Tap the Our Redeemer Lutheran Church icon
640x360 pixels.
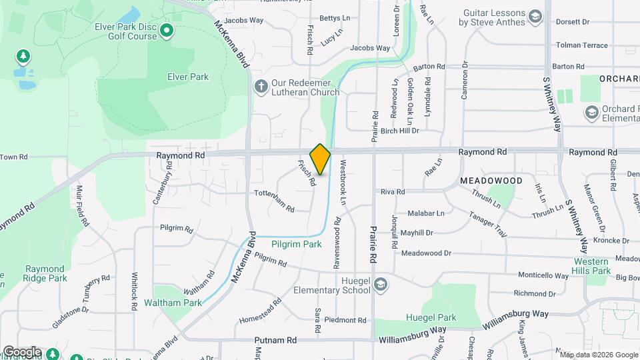[x=261, y=86]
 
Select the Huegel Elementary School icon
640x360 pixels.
[x=381, y=285]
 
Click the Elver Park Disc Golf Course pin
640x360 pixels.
[x=166, y=30]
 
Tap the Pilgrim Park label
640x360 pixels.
[x=297, y=245]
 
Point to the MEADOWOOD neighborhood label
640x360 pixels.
[x=491, y=181]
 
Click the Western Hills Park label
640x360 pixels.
[x=592, y=266]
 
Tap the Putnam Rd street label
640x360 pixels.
[x=275, y=340]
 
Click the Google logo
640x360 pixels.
[x=22, y=351]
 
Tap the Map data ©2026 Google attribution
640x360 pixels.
[x=599, y=355]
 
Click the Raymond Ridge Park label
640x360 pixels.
[x=45, y=273]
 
